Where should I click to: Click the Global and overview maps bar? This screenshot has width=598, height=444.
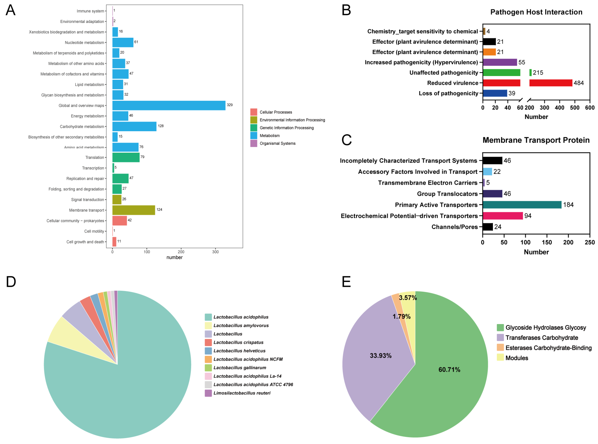click(x=169, y=105)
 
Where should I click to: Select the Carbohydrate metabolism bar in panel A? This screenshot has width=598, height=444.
click(x=134, y=126)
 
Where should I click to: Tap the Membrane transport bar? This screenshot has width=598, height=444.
click(x=134, y=210)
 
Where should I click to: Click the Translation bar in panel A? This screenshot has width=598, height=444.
click(x=126, y=157)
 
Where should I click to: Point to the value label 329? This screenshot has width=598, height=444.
click(x=229, y=105)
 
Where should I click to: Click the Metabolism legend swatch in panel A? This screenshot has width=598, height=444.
click(x=253, y=135)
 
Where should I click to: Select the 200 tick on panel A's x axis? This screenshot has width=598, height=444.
click(x=181, y=252)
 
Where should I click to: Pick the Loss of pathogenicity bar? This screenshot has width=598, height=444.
click(x=495, y=93)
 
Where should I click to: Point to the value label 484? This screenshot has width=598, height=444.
click(x=578, y=83)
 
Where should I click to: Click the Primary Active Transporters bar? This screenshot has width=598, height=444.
click(x=522, y=205)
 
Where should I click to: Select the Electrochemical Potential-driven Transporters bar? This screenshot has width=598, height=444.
click(x=502, y=216)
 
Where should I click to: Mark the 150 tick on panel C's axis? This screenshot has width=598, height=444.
click(x=547, y=242)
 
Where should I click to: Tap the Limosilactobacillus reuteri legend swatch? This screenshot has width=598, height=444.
click(x=208, y=393)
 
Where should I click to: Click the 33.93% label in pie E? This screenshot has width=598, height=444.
click(x=380, y=356)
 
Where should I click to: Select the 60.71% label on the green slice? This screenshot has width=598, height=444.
click(x=449, y=370)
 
